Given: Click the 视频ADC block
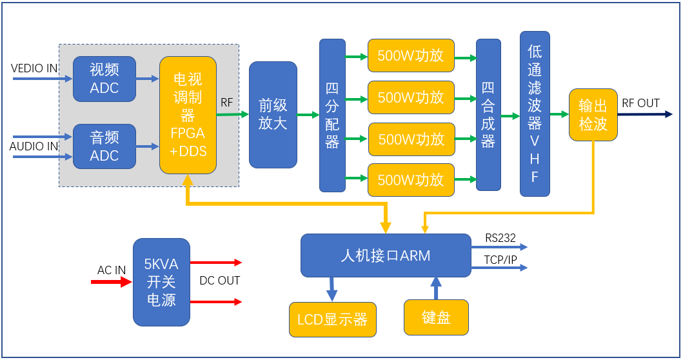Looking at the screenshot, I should click(104, 79).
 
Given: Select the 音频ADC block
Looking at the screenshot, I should click(104, 146).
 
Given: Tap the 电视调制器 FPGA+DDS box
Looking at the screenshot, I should click(188, 115).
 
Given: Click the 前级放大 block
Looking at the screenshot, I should click(273, 115).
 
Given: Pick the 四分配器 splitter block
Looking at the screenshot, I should click(332, 115).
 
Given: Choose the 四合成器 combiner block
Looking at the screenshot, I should click(488, 115).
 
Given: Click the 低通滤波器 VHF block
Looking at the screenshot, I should click(535, 114).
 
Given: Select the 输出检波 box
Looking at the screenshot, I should click(593, 115).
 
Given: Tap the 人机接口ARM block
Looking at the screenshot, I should click(386, 255).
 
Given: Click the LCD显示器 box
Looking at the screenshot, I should click(332, 319).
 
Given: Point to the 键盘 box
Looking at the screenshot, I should click(436, 317).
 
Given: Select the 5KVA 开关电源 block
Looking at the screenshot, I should click(161, 282).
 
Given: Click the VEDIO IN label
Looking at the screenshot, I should click(34, 68).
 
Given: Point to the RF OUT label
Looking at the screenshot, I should click(640, 103).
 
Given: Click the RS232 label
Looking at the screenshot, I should click(500, 238).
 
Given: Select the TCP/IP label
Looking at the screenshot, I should click(501, 259).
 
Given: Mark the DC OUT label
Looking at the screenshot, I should click(219, 281).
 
